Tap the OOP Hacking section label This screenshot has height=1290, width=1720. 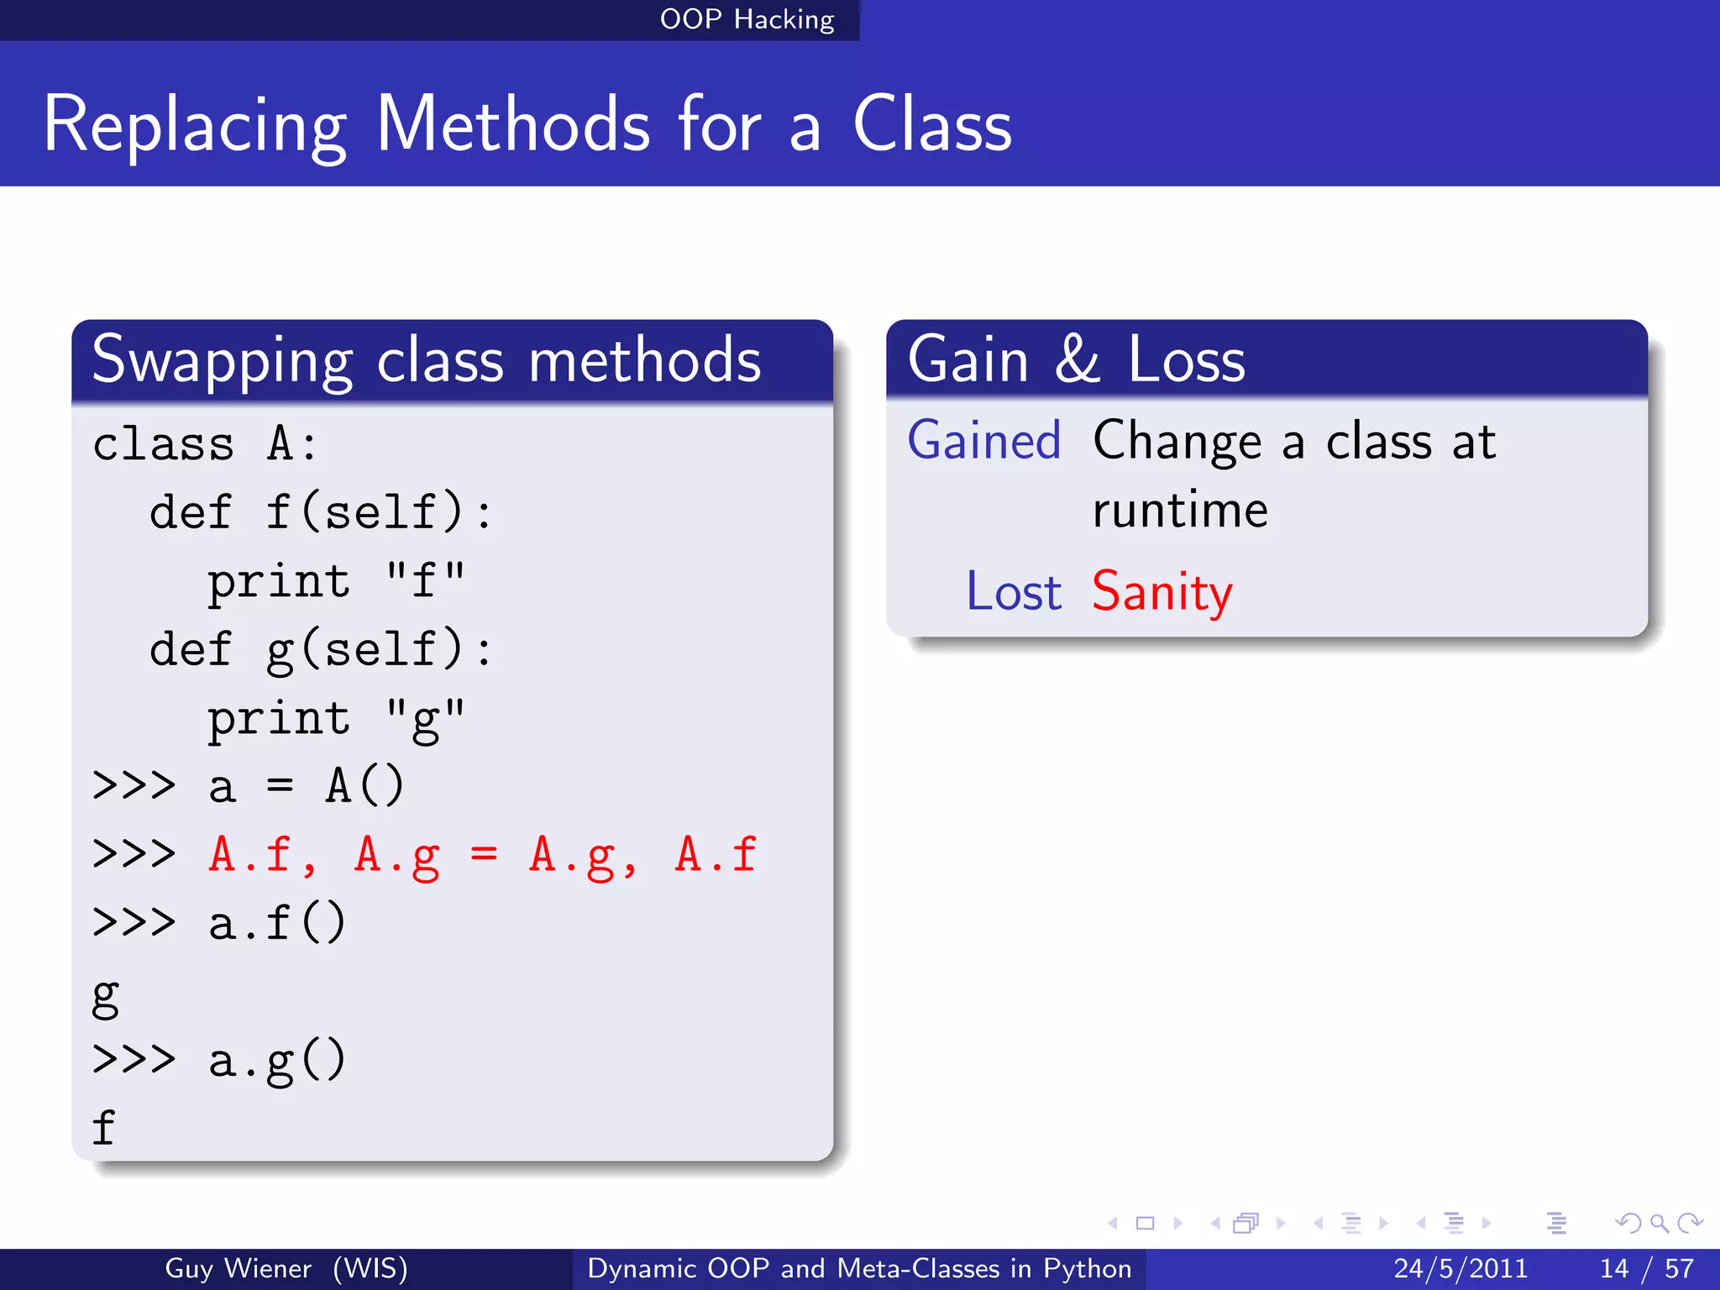pyautogui.click(x=747, y=19)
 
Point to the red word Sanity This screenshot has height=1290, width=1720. pyautogui.click(x=1162, y=592)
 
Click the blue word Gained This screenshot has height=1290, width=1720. pyautogui.click(x=984, y=441)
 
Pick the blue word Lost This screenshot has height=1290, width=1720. pyautogui.click(x=1014, y=592)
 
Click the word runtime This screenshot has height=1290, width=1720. pyautogui.click(x=1180, y=511)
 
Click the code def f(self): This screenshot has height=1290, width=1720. pyautogui.click(x=320, y=512)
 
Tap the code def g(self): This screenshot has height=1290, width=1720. pyautogui.click(x=320, y=649)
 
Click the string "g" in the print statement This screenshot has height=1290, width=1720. pyautogui.click(x=425, y=720)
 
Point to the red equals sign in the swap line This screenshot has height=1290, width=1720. pyautogui.click(x=484, y=855)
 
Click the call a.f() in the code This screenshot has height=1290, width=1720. pyautogui.click(x=277, y=923)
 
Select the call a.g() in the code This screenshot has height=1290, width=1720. pyautogui.click(x=277, y=1061)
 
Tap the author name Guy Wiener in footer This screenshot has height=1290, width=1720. pyautogui.click(x=238, y=1268)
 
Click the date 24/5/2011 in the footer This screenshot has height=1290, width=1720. pyautogui.click(x=1460, y=1268)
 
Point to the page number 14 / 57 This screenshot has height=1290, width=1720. pyautogui.click(x=1646, y=1268)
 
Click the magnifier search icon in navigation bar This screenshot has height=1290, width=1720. pyautogui.click(x=1658, y=1224)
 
